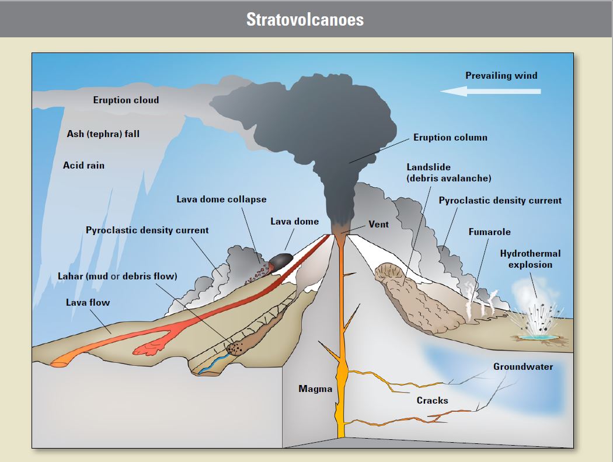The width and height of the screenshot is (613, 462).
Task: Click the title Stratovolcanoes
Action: coord(305,19)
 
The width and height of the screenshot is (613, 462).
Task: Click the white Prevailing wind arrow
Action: coord(490,91)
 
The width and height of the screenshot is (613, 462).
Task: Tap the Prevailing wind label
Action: coord(501,75)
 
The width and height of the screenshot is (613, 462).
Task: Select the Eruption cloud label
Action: coord(126,100)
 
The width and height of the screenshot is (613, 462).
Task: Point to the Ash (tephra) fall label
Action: coord(103,134)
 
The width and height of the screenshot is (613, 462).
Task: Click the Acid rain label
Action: coord(83,166)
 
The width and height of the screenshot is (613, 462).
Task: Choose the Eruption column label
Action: coord(450,138)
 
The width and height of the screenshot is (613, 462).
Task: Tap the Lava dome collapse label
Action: coord(221,199)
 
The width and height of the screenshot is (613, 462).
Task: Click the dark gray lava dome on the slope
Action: coord(282,259)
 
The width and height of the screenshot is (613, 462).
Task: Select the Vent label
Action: coord(378,224)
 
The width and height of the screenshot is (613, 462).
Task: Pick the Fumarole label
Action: coord(489,232)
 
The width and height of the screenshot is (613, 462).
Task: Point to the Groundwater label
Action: coord(523,367)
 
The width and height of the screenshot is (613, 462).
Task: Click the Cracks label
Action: coord(432,400)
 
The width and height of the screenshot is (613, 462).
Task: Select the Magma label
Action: coord(315,389)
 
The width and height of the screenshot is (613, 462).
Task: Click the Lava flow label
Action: coord(88,302)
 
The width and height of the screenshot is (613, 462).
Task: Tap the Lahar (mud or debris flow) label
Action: coord(117,276)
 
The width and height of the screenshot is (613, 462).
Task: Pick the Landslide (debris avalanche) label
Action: coord(448,173)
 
